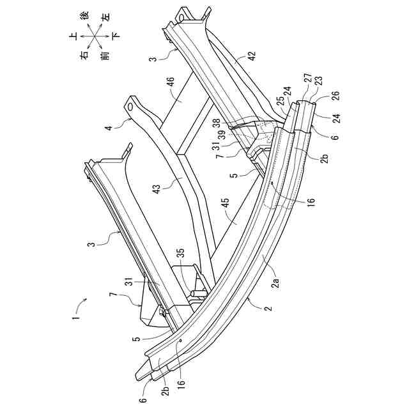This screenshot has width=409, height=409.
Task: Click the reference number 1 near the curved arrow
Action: [x=75, y=314]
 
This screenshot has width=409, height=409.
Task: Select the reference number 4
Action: [x=109, y=128]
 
